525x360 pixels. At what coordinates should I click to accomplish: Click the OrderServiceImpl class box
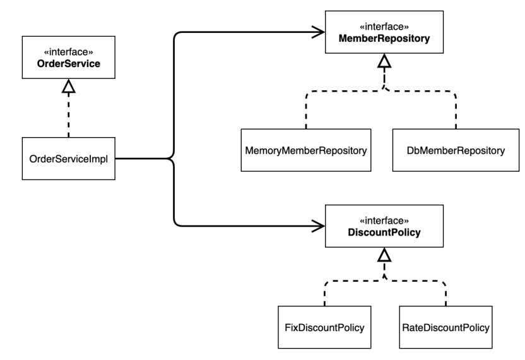point(68,158)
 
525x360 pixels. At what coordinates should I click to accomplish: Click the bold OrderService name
point(68,65)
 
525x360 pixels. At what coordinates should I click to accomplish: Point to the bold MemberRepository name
point(384,39)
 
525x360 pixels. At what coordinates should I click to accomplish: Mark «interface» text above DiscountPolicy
point(384,221)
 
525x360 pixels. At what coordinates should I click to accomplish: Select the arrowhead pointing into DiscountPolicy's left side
point(317,225)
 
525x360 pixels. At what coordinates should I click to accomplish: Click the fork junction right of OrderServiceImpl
point(172,158)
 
